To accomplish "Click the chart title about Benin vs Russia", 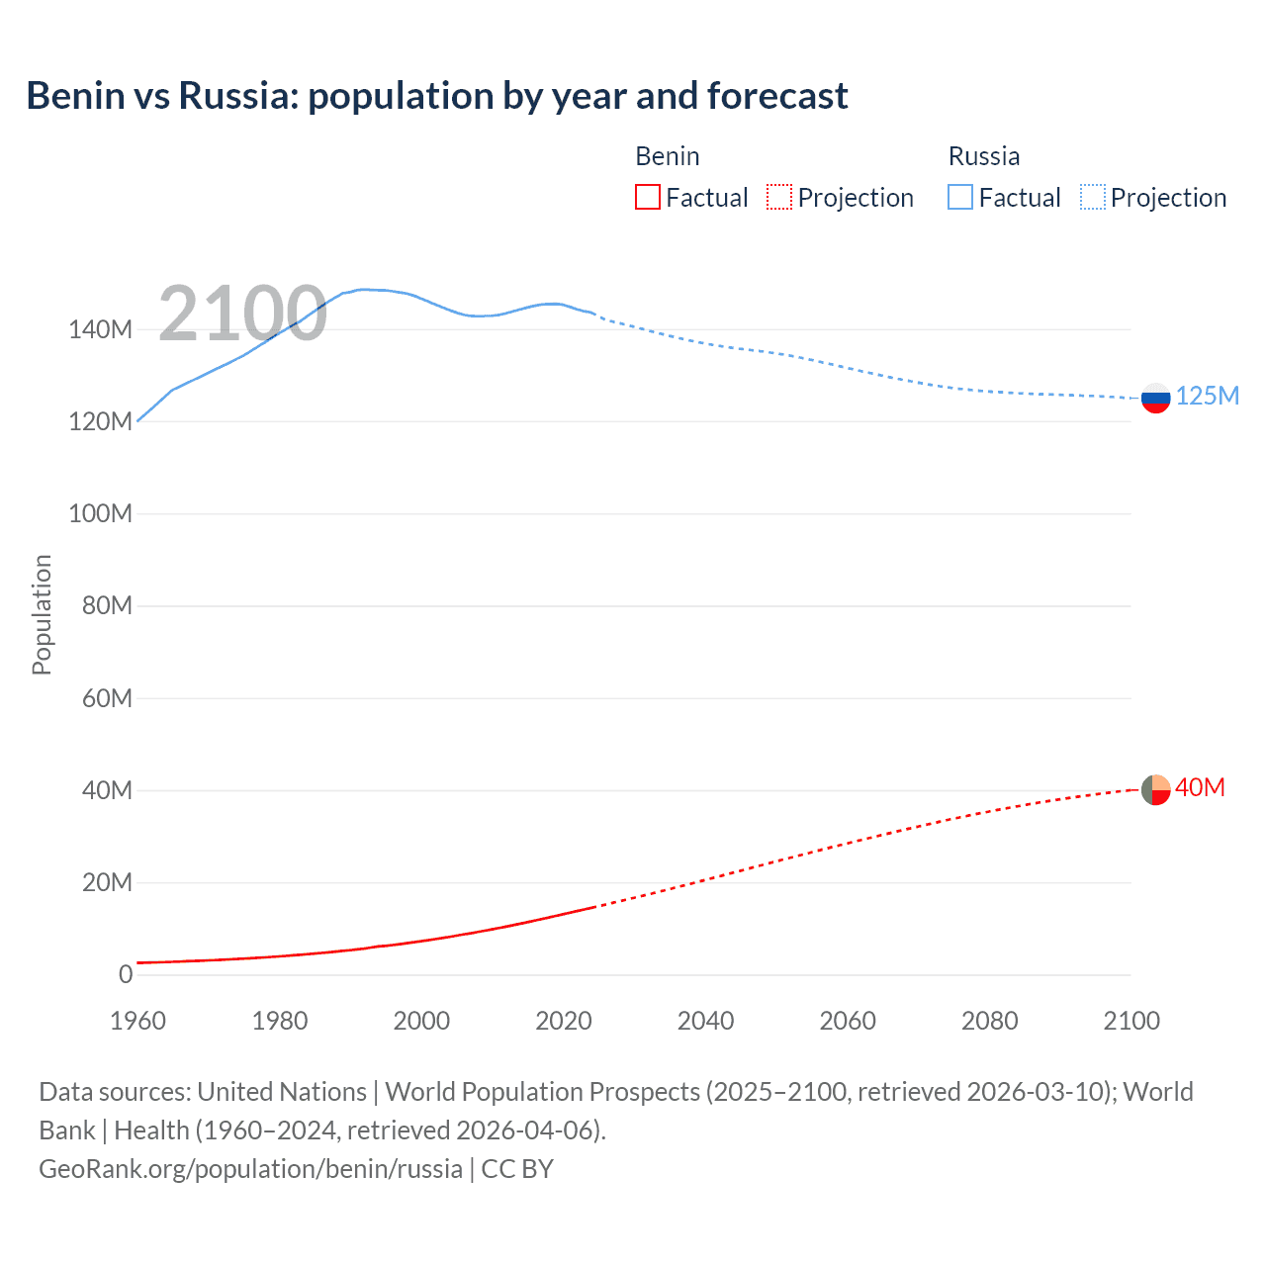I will click(436, 96).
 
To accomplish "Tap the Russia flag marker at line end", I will click(1155, 398).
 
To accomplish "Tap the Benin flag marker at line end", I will click(1155, 789).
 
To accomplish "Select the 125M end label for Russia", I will click(1207, 396).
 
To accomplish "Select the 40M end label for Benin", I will click(1200, 787).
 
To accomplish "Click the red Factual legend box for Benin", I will click(647, 198).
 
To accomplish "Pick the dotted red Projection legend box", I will click(779, 198).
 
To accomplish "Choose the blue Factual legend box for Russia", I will click(960, 198).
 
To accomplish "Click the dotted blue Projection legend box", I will click(1093, 198).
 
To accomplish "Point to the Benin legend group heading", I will click(668, 156).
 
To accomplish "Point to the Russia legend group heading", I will click(984, 156).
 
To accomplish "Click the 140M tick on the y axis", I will click(100, 329).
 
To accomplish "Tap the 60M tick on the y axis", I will click(106, 698).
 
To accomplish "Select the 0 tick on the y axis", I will click(126, 974).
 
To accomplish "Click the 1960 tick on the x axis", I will click(137, 1021).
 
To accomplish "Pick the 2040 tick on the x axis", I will click(705, 1021).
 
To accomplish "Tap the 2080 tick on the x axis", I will click(989, 1021).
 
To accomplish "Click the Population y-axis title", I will click(42, 614).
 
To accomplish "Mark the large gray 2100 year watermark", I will click(242, 314).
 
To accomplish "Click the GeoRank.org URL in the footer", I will click(250, 1168).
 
